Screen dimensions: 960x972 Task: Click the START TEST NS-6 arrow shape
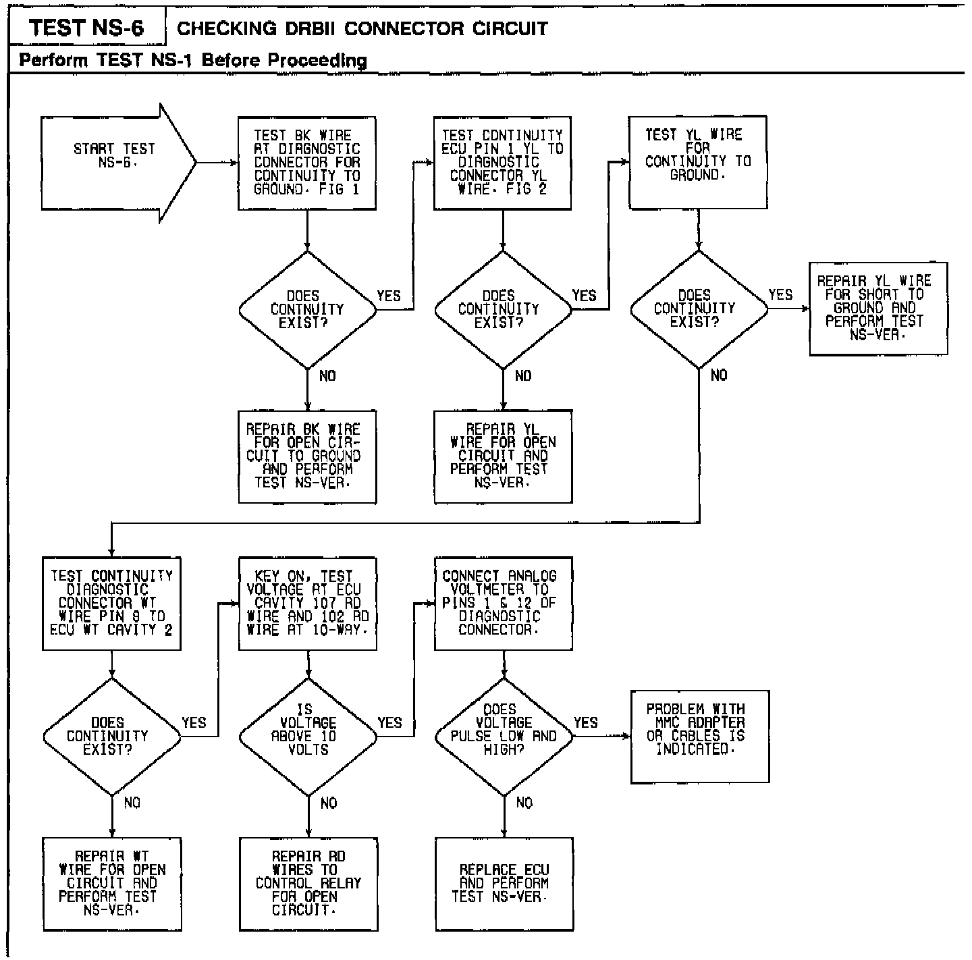115,162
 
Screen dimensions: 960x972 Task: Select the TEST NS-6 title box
86,28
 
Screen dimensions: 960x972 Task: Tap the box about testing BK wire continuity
307,163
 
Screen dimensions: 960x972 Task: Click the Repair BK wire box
307,456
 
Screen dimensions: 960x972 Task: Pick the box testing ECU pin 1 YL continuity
502,163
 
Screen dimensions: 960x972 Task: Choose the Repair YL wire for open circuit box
503,456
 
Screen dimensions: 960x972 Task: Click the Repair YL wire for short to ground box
878,309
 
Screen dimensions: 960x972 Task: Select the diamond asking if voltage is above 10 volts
308,736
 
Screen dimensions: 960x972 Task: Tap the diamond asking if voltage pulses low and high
504,736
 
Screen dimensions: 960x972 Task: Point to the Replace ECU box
504,884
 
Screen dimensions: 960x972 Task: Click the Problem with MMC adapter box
699,736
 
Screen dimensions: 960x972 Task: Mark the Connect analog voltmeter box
503,603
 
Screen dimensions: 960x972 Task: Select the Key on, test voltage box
308,603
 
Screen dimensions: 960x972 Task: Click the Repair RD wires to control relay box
308,884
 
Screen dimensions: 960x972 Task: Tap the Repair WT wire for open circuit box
111,884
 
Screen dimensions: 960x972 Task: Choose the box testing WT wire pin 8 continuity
111,603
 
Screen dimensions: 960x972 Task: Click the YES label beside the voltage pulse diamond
585,722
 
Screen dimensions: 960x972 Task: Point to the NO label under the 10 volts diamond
329,803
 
